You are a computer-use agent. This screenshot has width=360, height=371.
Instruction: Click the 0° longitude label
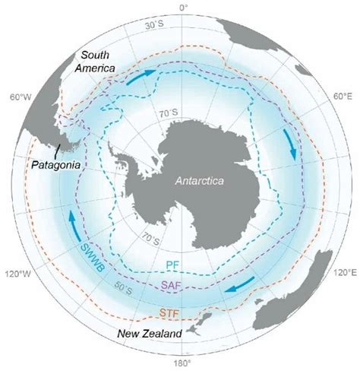(182, 6)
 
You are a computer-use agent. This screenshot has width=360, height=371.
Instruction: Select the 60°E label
(342, 97)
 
